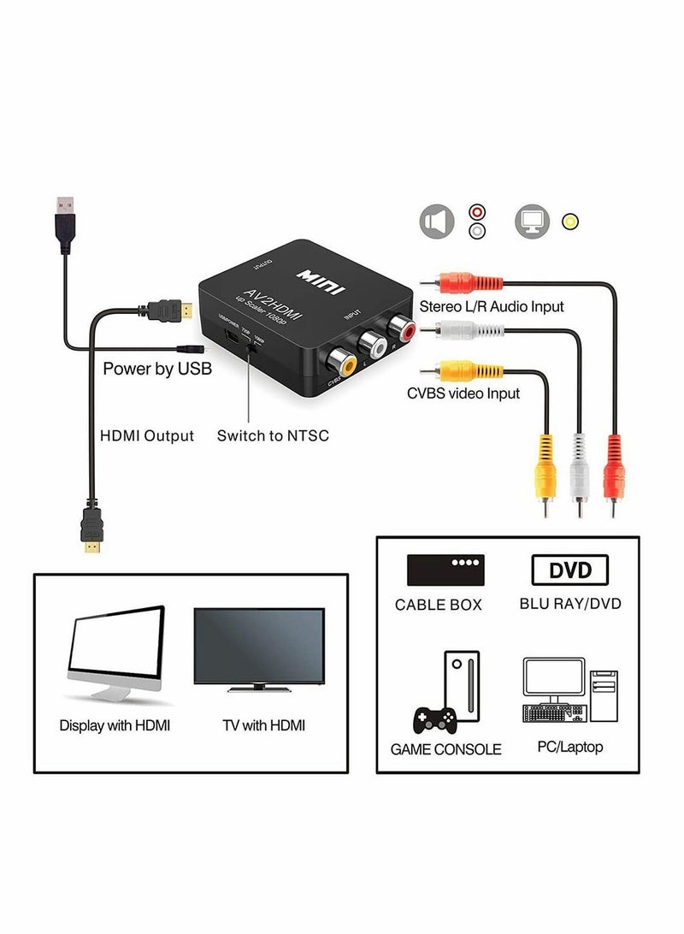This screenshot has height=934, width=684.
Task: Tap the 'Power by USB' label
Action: tap(157, 369)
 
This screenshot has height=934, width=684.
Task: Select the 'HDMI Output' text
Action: tap(147, 435)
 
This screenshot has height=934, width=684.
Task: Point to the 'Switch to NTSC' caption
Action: tap(272, 435)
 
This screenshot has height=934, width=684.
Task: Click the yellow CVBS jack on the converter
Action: tap(341, 363)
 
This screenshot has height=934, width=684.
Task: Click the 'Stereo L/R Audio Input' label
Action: tap(491, 306)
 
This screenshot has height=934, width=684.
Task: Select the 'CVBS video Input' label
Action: tap(463, 393)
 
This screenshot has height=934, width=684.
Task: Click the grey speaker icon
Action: tap(436, 222)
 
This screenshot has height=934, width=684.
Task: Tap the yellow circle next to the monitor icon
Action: tap(570, 222)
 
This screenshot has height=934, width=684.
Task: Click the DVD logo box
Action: tap(569, 570)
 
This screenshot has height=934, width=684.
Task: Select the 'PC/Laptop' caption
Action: tap(569, 747)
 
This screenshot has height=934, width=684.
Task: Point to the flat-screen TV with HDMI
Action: tap(259, 647)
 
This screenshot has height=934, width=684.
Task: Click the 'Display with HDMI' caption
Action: tap(115, 725)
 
